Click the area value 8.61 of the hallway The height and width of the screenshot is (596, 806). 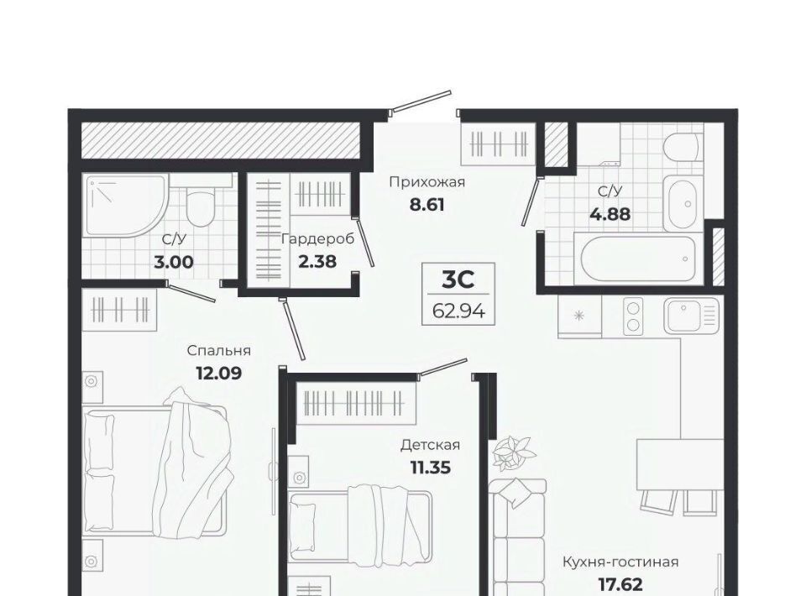click(427, 205)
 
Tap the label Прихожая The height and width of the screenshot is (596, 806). click(427, 182)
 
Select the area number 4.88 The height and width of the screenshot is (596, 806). click(610, 214)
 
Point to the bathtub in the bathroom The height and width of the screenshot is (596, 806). click(641, 259)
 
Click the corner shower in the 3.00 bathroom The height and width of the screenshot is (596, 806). click(127, 206)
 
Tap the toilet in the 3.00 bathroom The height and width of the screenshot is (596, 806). click(200, 208)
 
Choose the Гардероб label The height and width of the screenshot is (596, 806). click(317, 239)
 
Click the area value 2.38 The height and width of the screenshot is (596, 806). click(317, 262)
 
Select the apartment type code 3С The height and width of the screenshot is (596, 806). click(458, 280)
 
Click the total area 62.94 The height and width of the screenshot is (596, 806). click(458, 311)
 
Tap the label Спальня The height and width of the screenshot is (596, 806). click(219, 350)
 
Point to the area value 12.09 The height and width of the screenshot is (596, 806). click(219, 373)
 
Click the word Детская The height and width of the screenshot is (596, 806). click(430, 444)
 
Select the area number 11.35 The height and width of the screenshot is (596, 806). click(430, 468)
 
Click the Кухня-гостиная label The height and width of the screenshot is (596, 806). click(620, 562)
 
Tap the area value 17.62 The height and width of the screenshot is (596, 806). click(620, 584)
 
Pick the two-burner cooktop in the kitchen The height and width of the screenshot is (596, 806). click(634, 316)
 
